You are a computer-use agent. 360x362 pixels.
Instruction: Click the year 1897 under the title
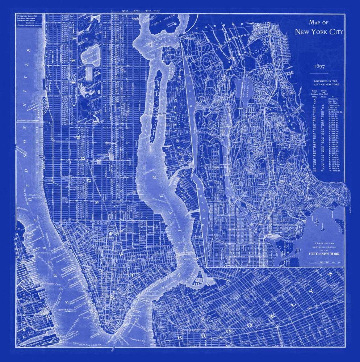[319, 67]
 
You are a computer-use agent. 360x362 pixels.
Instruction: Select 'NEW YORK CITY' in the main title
[319, 31]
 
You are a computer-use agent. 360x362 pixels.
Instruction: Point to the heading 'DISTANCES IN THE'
[325, 81]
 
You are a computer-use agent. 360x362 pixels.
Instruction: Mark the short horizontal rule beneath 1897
[319, 73]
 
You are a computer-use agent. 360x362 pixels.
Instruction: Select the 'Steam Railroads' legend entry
[25, 26]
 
